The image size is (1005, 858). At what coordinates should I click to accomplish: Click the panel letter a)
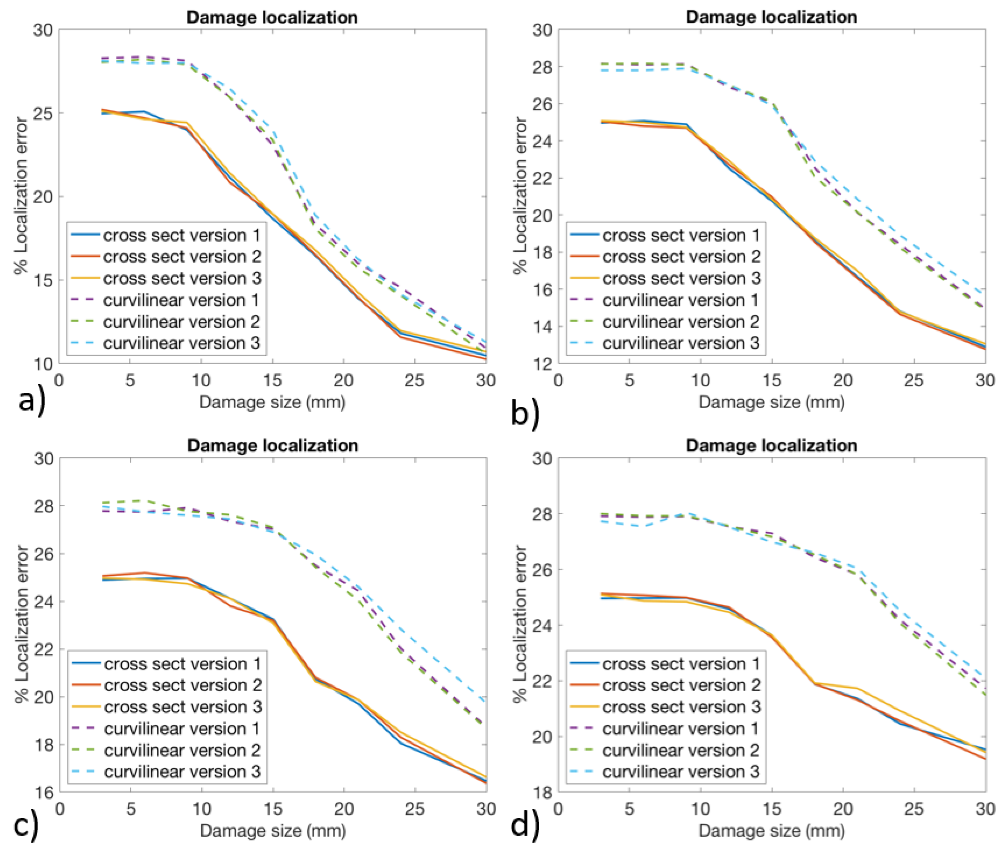[32, 401]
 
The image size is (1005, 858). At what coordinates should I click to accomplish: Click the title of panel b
[771, 17]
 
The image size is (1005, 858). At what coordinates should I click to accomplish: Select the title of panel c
[272, 445]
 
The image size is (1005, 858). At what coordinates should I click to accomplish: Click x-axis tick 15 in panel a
[272, 380]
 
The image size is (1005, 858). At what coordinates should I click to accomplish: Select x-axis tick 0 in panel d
[558, 809]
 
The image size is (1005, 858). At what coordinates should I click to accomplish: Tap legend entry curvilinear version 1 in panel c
[182, 729]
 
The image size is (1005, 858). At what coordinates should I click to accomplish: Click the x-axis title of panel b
[771, 402]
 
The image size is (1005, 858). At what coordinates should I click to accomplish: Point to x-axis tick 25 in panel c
[415, 809]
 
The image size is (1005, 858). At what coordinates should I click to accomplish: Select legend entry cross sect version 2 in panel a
[182, 256]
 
